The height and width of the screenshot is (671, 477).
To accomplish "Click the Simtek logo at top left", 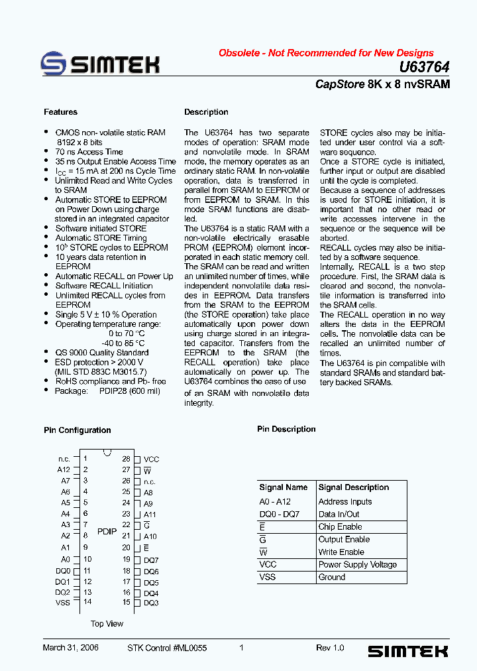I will pos(100,64).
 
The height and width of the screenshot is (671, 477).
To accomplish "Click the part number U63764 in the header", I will pos(425,67).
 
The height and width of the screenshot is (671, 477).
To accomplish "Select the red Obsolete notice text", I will pos(326,53).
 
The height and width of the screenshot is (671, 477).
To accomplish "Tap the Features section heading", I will pos(60,112).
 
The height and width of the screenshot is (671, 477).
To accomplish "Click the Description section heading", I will pos(206,112).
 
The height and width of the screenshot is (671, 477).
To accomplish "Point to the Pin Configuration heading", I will pos(78,430).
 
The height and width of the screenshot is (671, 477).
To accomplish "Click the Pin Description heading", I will pos(286,429).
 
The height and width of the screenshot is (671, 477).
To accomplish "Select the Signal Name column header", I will pos(284,487).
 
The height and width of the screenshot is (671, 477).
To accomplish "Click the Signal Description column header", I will pos(354,487).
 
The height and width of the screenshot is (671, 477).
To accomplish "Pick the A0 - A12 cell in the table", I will pos(275,502).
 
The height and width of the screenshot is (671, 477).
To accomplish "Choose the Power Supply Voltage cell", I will pos(358,564).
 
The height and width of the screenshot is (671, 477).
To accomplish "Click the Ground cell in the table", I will pos(332,577).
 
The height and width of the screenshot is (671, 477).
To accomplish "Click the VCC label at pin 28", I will pos(152,459).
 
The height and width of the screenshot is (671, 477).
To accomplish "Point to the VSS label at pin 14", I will pos(63,603).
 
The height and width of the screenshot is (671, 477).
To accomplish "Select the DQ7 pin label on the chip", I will pos(151,560).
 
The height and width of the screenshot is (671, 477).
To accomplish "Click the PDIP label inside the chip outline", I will pos(107,532).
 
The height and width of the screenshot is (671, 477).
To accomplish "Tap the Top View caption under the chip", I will pos(107,624).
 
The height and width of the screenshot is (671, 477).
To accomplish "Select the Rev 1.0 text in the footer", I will pos(330,648).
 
